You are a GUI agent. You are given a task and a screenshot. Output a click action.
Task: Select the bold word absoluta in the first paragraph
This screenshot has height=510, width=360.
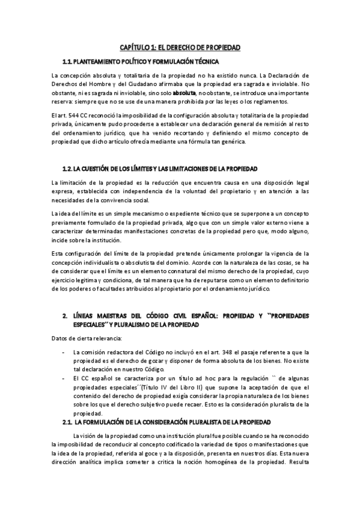point(184,94)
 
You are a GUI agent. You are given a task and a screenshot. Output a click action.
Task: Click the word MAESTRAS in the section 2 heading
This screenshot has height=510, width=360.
point(106,315)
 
